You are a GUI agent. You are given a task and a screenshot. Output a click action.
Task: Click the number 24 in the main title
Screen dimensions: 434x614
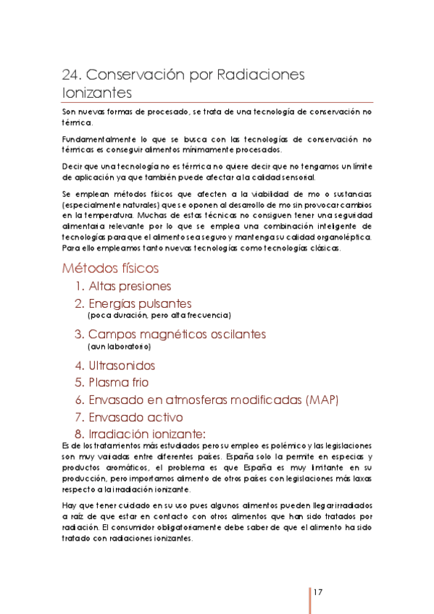70,75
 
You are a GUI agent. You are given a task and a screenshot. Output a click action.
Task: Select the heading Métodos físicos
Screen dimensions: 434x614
110,269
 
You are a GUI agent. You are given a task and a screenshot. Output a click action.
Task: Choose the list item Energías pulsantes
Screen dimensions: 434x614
139,303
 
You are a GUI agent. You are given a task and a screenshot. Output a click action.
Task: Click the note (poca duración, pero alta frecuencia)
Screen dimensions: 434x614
159,316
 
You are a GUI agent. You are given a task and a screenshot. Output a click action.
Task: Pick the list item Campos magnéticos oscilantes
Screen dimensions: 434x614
177,334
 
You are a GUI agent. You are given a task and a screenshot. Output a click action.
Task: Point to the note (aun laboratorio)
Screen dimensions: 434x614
119,347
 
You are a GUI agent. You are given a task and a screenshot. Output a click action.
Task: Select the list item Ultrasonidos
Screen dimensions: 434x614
122,366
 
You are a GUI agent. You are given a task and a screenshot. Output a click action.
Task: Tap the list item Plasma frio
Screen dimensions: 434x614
119,382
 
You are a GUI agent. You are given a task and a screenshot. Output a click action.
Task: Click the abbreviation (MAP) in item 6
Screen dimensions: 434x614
321,400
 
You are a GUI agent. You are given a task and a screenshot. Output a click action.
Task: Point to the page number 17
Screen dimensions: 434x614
319,592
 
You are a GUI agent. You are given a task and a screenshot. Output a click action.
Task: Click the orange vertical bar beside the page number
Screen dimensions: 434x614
310,600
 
